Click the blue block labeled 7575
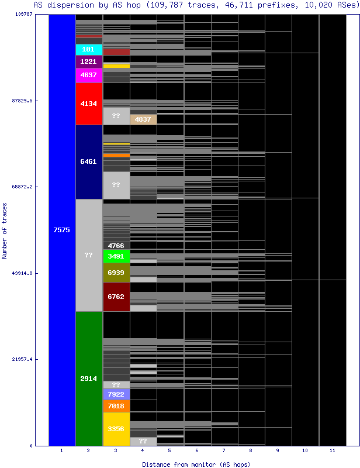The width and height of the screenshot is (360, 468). [62, 230]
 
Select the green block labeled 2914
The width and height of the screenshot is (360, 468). [89, 378]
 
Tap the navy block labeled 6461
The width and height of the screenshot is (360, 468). [89, 161]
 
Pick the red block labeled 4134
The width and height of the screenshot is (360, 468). [89, 104]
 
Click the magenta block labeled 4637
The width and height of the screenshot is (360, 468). [89, 75]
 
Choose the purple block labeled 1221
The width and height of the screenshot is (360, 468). [89, 61]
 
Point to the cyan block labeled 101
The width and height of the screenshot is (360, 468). [89, 49]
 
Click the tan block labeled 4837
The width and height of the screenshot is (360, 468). [143, 119]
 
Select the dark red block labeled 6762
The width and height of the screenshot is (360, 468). [116, 297]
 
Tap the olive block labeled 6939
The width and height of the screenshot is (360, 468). [116, 273]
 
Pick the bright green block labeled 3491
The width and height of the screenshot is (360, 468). [116, 256]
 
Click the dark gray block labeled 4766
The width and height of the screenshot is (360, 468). [116, 246]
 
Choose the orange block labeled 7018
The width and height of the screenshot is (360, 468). [116, 405]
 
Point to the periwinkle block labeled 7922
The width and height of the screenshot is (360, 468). [116, 394]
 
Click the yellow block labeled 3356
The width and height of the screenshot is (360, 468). [116, 429]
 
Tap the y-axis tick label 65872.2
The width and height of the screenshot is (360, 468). [22, 187]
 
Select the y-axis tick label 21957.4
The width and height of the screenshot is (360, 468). [22, 359]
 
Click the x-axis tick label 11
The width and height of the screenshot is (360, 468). [332, 451]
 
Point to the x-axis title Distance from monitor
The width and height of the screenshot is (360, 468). [196, 464]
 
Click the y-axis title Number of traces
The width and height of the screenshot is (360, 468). [5, 239]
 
